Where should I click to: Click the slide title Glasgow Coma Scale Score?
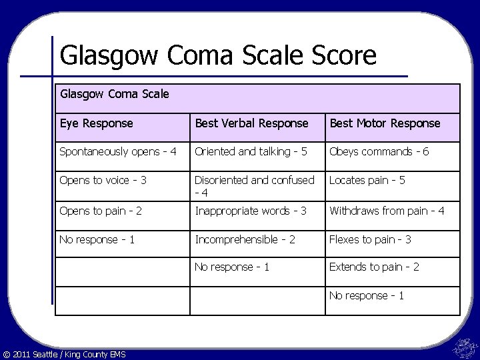[218, 55]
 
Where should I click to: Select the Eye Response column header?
[96, 123]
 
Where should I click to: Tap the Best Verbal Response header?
[251, 123]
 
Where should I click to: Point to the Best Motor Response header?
[385, 123]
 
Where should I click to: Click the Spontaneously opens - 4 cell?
[118, 152]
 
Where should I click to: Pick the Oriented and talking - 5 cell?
[251, 152]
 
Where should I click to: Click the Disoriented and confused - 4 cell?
[254, 187]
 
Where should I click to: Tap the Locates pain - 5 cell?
[376, 181]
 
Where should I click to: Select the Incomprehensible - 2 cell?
[245, 240]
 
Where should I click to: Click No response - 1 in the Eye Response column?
[97, 240]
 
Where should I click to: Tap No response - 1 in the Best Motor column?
[367, 295]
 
